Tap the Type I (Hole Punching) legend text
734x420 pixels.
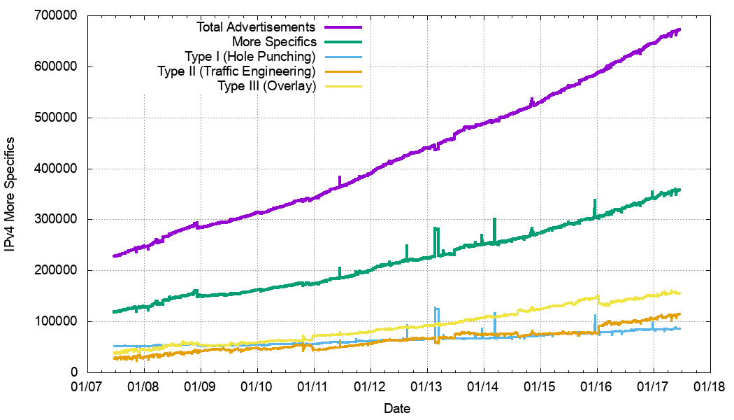coord(250,57)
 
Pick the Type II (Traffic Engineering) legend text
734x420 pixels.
coord(237,71)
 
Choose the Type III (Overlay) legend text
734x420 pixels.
coord(267,86)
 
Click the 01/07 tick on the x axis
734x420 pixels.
coord(88,386)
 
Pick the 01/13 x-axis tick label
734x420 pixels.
coord(427,386)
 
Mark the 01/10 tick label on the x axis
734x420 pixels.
coord(258,386)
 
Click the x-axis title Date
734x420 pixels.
coord(397,408)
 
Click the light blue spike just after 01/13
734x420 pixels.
coord(436,311)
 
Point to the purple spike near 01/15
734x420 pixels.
coord(532,101)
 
